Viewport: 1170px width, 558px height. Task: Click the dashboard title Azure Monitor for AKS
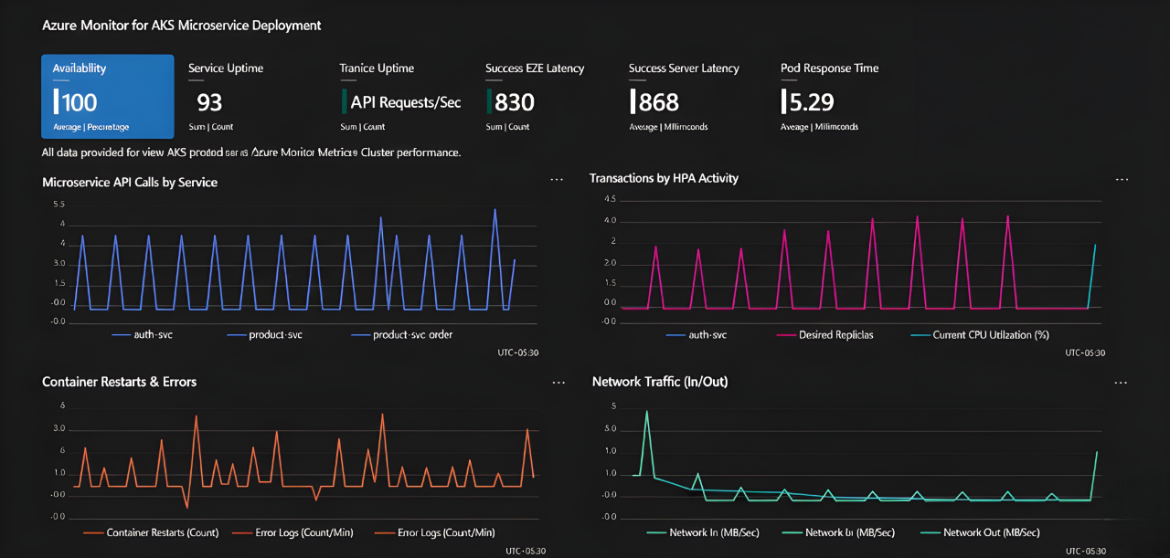tap(181, 26)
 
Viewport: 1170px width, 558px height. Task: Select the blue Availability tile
tap(107, 96)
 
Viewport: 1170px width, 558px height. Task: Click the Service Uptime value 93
tap(209, 102)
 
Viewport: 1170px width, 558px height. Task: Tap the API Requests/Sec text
tap(406, 102)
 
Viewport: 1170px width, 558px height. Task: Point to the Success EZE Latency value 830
tap(515, 102)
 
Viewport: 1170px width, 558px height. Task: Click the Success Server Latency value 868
tap(659, 102)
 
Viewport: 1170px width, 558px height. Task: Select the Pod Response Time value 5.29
tap(810, 102)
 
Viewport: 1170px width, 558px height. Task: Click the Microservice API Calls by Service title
tap(130, 182)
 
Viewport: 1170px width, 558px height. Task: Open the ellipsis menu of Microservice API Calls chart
tap(557, 180)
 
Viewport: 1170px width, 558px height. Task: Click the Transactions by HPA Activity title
tap(664, 178)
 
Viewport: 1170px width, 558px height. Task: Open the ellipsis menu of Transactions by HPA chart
tap(1122, 180)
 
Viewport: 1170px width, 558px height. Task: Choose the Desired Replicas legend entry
tap(835, 335)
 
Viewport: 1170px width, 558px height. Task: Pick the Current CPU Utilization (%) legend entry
tap(990, 335)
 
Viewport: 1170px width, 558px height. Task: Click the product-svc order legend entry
tap(412, 335)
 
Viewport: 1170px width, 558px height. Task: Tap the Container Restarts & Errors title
tap(119, 381)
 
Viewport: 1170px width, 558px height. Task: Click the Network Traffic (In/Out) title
tap(659, 381)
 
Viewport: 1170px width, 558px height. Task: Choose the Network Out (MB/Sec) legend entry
tap(991, 532)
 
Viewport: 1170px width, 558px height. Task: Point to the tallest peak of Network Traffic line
tap(647, 411)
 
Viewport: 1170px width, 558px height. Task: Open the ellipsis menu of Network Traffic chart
tap(1122, 383)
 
